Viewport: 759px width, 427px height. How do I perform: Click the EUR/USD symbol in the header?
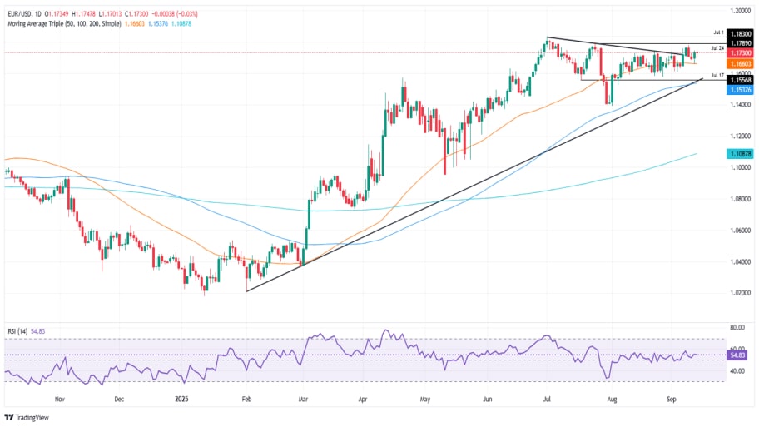coord(19,6)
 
